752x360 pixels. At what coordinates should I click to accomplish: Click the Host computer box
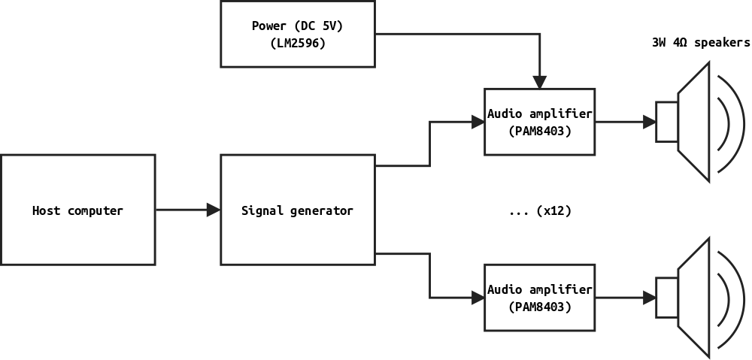77,210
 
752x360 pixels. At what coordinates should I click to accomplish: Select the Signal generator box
297,210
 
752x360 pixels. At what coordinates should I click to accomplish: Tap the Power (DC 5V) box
297,34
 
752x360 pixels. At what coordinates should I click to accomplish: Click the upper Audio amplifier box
539,122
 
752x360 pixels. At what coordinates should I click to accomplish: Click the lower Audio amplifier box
539,298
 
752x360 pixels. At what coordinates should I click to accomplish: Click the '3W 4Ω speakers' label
700,43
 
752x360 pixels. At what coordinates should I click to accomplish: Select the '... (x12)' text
539,211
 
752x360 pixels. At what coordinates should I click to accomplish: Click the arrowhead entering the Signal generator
214,210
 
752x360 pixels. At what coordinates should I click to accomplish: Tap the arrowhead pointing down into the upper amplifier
539,82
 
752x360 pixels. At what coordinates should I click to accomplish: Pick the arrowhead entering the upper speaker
649,122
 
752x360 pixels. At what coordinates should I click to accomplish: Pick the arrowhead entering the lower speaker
649,298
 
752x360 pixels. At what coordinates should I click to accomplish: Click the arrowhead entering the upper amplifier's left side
478,122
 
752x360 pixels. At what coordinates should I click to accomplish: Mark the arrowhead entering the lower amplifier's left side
478,298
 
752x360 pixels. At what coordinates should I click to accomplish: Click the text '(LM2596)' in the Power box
297,44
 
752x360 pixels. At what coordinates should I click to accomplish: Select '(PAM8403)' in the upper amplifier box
539,131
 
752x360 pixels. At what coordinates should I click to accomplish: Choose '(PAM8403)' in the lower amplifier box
539,307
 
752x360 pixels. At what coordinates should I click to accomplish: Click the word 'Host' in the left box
46,210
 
